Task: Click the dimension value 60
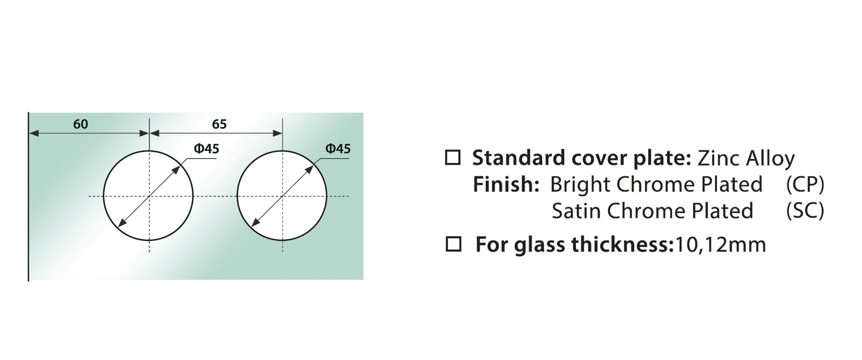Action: pos(80,124)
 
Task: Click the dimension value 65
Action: pos(219,124)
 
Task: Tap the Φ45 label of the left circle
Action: pos(207,149)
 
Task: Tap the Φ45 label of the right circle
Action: pos(338,149)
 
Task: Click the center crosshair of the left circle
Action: pos(149,196)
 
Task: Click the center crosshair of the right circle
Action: pos(282,196)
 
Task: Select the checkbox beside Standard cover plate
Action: pos(453,158)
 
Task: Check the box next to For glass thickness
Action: pos(453,244)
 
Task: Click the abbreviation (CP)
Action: pos(805,185)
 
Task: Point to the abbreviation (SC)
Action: pos(805,211)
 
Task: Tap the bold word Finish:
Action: pos(506,184)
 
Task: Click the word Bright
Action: pos(580,185)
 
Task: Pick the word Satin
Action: pos(576,211)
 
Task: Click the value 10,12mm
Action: pos(720,245)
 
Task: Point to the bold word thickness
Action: pos(620,244)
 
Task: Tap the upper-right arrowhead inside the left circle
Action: pos(178,170)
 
